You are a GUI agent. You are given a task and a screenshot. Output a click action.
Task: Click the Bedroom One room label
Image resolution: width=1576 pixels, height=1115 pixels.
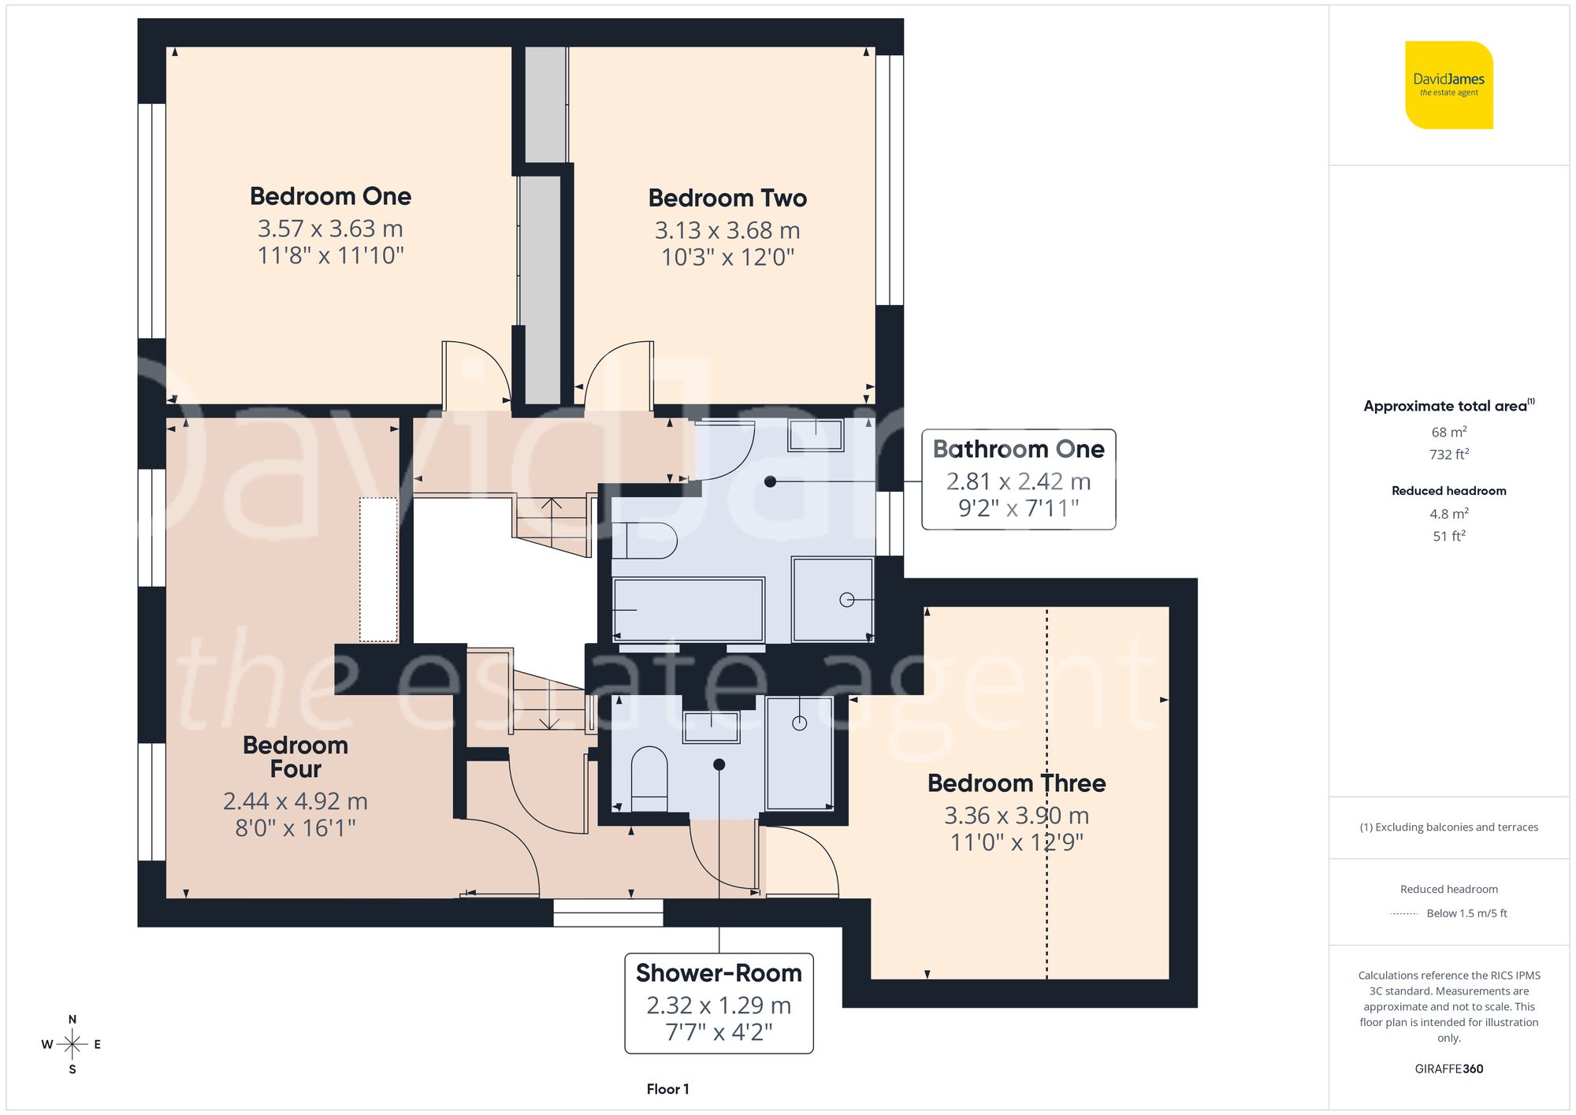330,196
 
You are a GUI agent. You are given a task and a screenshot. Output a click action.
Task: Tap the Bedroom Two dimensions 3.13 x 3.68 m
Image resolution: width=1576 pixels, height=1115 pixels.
727,231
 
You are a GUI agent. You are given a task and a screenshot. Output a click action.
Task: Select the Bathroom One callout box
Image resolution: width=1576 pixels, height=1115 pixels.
1018,479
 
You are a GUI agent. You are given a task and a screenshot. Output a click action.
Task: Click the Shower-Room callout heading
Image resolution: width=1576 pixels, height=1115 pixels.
718,973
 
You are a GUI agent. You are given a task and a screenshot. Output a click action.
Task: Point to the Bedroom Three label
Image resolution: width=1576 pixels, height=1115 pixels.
1016,783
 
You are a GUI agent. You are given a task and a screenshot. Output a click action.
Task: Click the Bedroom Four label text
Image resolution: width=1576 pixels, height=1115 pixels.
295,756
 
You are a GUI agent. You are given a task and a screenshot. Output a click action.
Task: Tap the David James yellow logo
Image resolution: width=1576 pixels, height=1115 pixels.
1448,85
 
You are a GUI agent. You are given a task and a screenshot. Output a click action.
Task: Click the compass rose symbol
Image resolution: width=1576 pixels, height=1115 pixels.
72,1045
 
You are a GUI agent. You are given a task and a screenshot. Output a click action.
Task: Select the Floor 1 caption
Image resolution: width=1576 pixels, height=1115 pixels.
667,1089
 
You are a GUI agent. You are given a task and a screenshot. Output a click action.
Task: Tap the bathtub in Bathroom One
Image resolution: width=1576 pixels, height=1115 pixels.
688,609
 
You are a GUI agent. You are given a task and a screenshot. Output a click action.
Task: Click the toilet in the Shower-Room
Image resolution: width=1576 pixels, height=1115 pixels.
649,778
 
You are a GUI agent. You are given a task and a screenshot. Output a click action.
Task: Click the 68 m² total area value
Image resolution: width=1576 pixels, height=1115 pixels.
1448,432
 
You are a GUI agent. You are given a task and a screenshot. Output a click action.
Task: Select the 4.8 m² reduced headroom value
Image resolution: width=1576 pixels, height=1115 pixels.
1448,514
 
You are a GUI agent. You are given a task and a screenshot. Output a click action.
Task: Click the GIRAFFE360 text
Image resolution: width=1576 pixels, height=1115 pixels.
1448,1069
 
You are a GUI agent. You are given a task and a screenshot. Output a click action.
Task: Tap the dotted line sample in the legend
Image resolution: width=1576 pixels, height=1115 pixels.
1404,914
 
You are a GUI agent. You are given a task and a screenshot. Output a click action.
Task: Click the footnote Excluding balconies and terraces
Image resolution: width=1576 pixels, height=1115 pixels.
1448,827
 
